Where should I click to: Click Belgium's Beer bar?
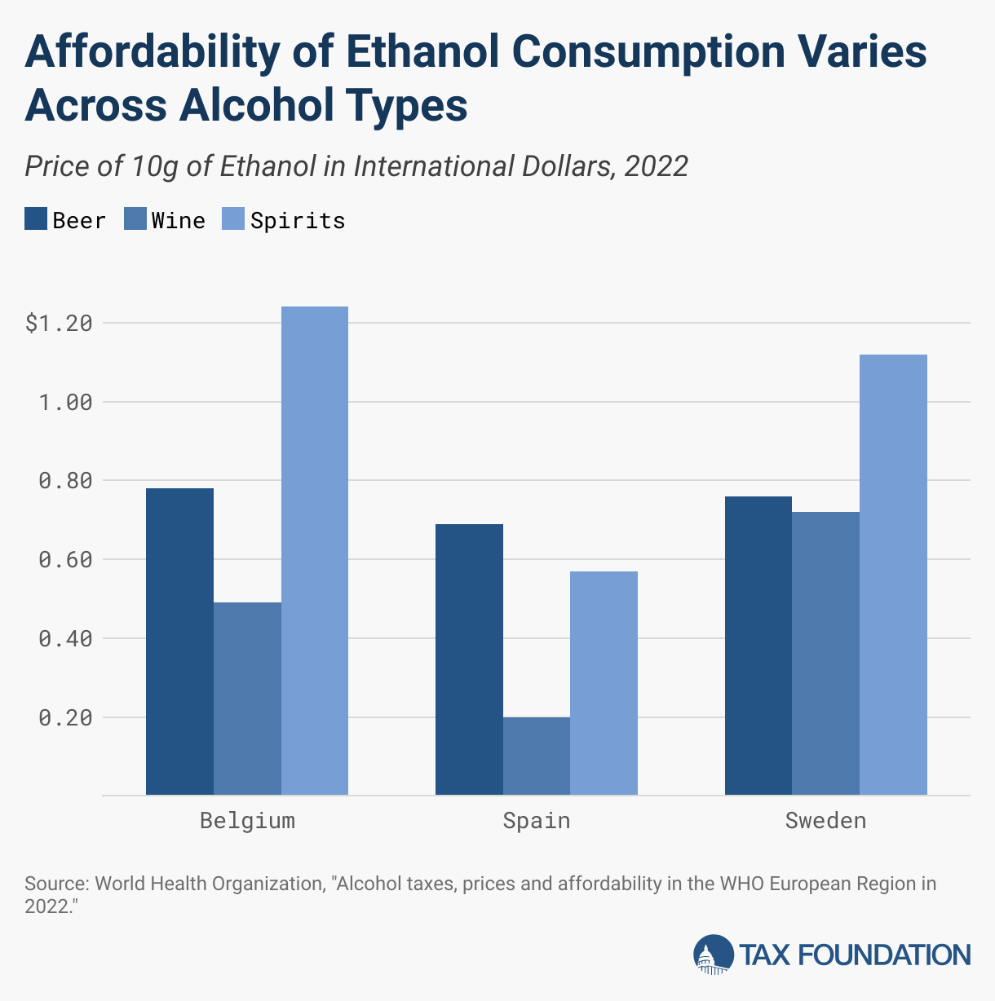pos(179,642)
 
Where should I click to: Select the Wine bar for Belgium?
pos(247,699)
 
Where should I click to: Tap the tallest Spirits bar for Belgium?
pos(315,550)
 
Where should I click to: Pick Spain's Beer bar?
pos(469,659)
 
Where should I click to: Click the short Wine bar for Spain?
pos(537,756)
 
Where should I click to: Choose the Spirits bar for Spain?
pos(604,683)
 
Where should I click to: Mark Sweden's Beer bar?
pos(758,646)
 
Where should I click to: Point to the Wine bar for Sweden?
pos(825,653)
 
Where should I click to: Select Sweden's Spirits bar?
pos(893,575)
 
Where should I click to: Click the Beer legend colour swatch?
pos(36,220)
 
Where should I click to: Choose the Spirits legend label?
pos(298,221)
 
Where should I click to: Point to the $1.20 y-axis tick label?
pos(59,324)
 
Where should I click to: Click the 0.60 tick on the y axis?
pos(65,560)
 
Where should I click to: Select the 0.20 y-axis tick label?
pos(65,718)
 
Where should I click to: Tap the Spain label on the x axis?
pos(537,820)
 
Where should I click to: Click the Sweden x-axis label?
pos(825,820)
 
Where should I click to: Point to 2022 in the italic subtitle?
pos(656,166)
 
